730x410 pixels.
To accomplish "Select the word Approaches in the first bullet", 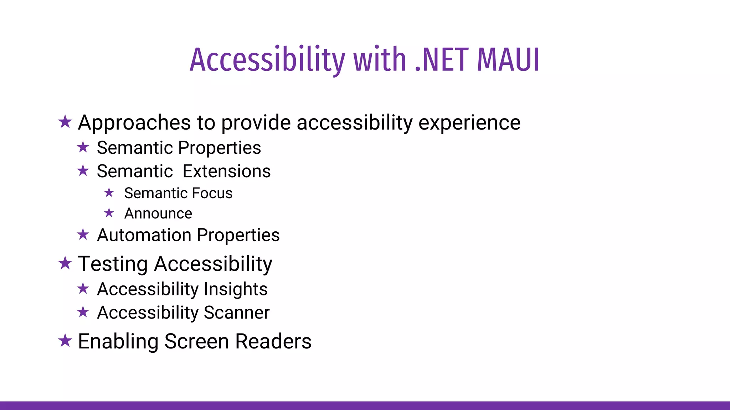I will (134, 123).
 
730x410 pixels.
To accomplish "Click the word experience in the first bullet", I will (469, 123).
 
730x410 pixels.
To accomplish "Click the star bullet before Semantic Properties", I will (83, 147).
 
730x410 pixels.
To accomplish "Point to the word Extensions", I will (227, 171).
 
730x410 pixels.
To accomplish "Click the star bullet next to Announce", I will (109, 213).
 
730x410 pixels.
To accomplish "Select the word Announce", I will (158, 214).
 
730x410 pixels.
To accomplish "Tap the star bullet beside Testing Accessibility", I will (65, 263).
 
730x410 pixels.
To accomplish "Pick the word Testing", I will (113, 264).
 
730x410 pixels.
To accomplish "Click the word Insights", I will (236, 289).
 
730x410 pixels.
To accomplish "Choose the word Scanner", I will (237, 312).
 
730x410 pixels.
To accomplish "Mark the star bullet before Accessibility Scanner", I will (83, 312).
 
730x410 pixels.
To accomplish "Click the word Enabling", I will (118, 342).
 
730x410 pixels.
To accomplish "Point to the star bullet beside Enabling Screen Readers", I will (65, 341).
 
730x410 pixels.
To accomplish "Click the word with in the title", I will (380, 60).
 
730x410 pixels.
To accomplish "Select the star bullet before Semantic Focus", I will (109, 193).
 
